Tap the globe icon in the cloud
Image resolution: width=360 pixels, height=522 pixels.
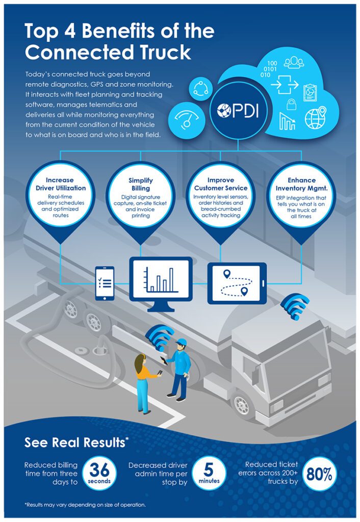click(x=315, y=118)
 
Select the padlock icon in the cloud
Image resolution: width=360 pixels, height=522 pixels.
click(x=292, y=105)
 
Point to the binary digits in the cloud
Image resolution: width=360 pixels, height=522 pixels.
click(x=269, y=68)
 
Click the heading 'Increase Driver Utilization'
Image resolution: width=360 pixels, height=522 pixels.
click(x=60, y=184)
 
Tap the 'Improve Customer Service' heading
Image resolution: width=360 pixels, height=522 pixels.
click(x=220, y=184)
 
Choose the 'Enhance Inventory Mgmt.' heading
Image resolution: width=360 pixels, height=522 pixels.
click(x=301, y=184)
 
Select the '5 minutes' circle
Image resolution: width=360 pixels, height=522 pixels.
click(x=209, y=474)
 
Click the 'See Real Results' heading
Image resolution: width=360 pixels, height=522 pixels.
click(x=74, y=443)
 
